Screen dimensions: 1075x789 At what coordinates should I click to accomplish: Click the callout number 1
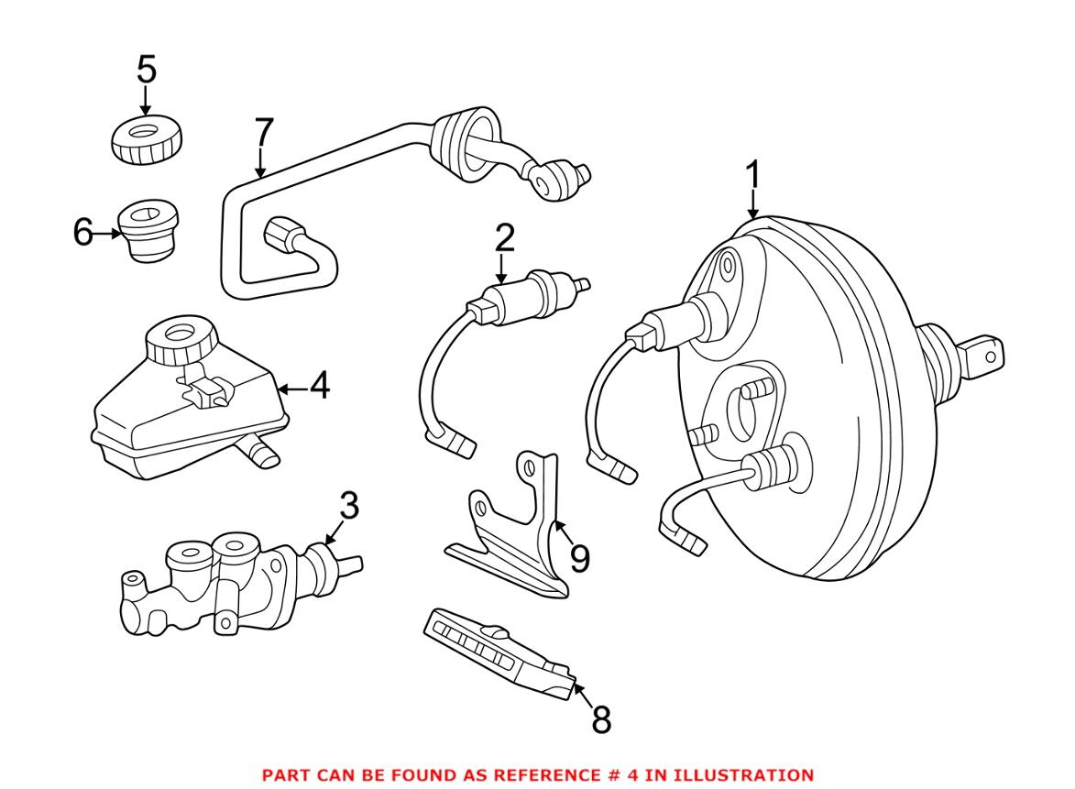tap(752, 175)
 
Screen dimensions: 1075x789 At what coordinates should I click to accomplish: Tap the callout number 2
tap(504, 238)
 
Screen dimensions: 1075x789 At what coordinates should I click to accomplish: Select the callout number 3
tap(349, 506)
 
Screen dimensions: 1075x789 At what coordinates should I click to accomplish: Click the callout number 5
tap(146, 70)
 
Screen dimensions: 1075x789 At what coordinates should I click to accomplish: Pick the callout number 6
tap(83, 232)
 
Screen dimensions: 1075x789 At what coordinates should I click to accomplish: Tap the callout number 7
tap(263, 133)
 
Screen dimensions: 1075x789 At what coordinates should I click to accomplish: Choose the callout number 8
tap(600, 719)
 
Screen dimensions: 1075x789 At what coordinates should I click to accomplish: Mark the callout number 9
tap(579, 559)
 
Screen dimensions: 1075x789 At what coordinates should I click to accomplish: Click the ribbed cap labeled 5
tap(146, 139)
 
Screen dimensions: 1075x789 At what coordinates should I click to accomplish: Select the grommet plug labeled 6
tap(148, 231)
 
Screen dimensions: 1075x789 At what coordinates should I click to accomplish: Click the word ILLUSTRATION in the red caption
tap(743, 775)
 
